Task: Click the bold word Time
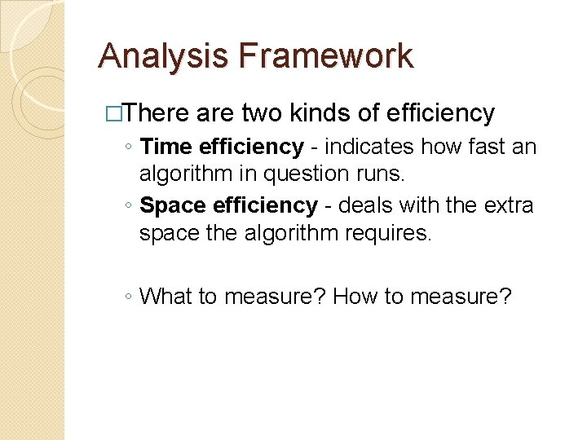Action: coord(166,147)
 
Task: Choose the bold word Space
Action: coord(173,205)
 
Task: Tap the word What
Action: coord(167,296)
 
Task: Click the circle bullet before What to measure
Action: coord(130,297)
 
